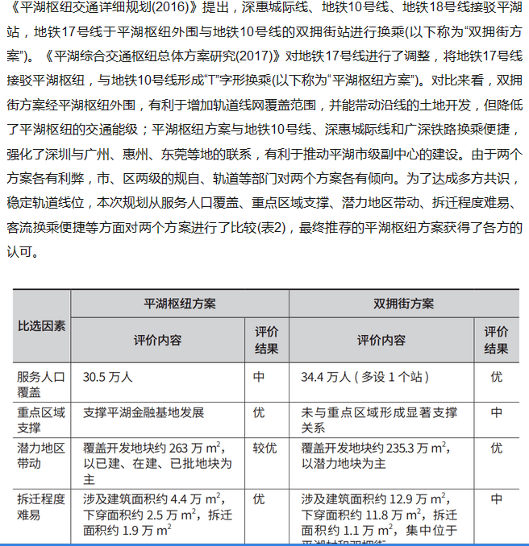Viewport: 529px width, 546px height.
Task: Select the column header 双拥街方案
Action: (x=403, y=304)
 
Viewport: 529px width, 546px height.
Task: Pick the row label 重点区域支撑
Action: (x=40, y=420)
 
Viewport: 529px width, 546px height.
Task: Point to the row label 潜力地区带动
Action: (x=40, y=456)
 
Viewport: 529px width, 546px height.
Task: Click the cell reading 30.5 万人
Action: (x=107, y=377)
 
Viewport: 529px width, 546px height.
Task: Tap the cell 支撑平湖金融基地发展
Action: (x=144, y=413)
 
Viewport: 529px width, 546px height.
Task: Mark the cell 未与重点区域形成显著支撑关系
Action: (x=379, y=420)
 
